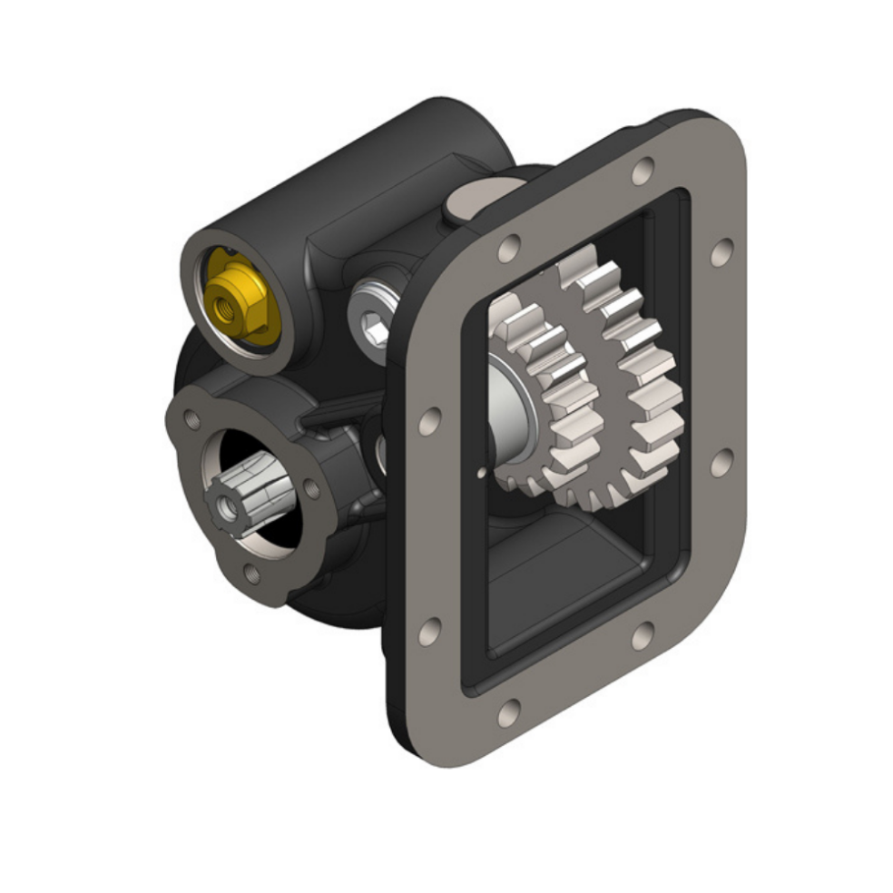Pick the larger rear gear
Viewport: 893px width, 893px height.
(x=626, y=381)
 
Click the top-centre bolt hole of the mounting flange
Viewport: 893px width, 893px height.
(x=643, y=170)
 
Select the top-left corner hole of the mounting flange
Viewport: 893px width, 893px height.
(x=509, y=247)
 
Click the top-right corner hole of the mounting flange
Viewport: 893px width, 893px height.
(x=721, y=252)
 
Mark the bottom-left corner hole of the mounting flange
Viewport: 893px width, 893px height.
(x=510, y=711)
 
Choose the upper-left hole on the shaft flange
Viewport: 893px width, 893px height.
(x=191, y=419)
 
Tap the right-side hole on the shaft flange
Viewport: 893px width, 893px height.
(x=311, y=487)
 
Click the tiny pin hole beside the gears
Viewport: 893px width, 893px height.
(x=477, y=472)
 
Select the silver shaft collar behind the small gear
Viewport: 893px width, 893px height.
(x=508, y=399)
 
